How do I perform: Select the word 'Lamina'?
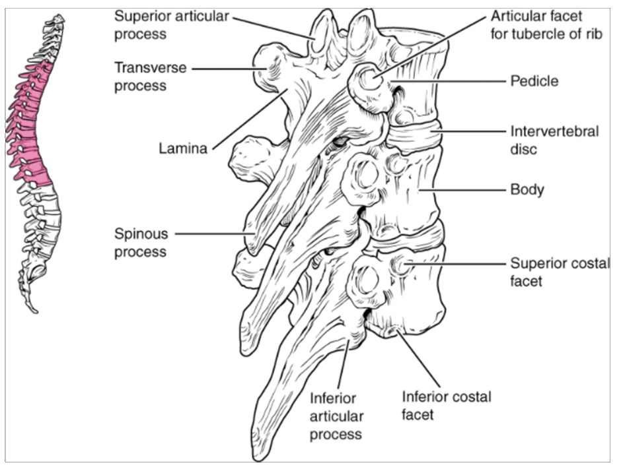coord(183,148)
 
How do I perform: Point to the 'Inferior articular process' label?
coord(336,416)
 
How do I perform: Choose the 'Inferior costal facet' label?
coord(447,405)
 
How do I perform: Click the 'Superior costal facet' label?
coord(560,272)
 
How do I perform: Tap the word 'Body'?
coord(527,190)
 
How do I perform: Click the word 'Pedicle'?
coord(534,81)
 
